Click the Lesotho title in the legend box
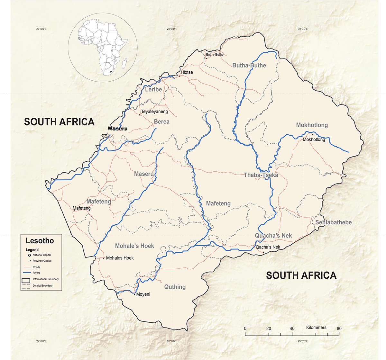(x=40, y=241)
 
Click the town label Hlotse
(x=187, y=72)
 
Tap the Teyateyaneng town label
(x=154, y=112)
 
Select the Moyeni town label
(x=143, y=294)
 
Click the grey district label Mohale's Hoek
(x=134, y=246)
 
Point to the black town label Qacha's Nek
(x=268, y=247)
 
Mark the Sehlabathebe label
(x=333, y=222)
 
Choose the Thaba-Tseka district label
(x=261, y=175)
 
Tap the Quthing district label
(x=175, y=287)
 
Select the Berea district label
(x=161, y=122)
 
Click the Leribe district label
(x=153, y=89)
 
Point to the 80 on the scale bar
(x=339, y=328)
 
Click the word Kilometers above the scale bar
(x=316, y=328)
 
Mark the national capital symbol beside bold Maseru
(x=106, y=137)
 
